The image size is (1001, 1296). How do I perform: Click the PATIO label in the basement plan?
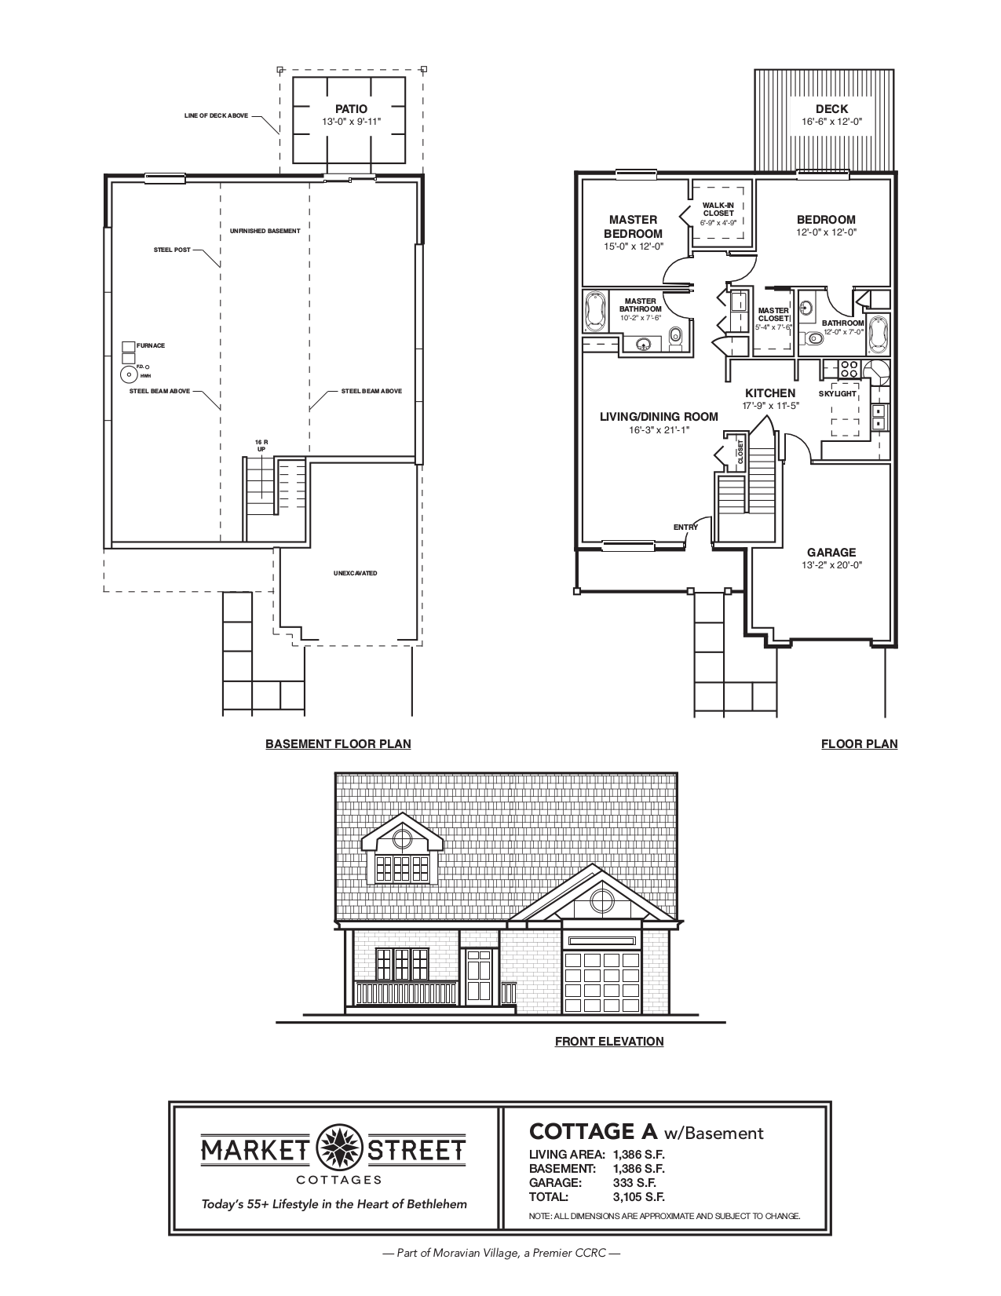tap(350, 109)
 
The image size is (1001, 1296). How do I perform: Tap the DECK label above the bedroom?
tap(831, 109)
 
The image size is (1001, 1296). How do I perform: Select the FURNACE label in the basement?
tap(151, 345)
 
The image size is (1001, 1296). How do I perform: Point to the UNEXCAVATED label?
tap(355, 573)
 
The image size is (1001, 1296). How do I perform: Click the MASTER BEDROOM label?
tap(633, 226)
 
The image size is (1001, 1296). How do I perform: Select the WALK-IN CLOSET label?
tap(718, 210)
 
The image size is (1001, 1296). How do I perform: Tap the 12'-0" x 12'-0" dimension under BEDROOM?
tap(826, 232)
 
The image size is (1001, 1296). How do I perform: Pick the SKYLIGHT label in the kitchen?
tap(838, 393)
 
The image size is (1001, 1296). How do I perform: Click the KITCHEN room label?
tap(770, 393)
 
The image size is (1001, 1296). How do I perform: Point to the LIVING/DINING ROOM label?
tap(659, 417)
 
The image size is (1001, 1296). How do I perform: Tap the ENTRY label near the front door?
tap(685, 528)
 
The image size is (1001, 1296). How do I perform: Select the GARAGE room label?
tap(831, 553)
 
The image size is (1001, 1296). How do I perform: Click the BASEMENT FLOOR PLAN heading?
tap(338, 743)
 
